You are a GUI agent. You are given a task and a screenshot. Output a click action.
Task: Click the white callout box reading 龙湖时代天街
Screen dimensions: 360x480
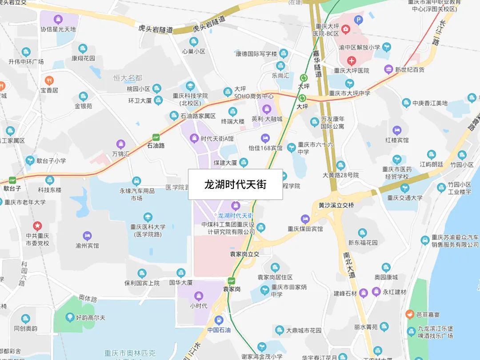coord(236,184)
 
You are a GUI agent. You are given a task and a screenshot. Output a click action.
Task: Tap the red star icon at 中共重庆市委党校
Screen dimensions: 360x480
coord(37,226)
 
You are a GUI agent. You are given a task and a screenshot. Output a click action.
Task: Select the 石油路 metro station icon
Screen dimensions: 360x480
coord(156,137)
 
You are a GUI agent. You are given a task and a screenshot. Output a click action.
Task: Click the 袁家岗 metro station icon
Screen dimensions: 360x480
coord(231,280)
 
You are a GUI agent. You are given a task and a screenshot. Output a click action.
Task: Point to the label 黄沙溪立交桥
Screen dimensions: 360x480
coord(336,206)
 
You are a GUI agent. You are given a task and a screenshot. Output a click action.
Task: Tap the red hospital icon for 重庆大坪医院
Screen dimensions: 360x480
coord(352,60)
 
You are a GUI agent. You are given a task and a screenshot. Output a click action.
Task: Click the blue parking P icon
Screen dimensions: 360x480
coord(358,20)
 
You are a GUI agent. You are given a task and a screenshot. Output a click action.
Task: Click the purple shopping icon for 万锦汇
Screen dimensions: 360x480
coord(120,144)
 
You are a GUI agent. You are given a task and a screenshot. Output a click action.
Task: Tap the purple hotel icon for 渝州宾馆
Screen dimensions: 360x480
coord(87,236)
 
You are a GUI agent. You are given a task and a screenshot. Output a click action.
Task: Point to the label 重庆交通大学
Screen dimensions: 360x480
coord(404,198)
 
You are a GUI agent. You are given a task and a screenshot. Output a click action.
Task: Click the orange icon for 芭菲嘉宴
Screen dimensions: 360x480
coord(409,314)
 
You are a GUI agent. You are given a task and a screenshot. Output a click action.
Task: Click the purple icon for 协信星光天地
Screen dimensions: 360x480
coord(58,20)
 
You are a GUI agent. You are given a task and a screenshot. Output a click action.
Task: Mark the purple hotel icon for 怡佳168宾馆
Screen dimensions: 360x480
coord(265,138)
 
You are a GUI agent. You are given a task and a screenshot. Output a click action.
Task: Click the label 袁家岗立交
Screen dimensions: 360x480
coord(244,254)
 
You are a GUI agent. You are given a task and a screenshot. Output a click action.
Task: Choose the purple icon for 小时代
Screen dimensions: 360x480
coord(199,295)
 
